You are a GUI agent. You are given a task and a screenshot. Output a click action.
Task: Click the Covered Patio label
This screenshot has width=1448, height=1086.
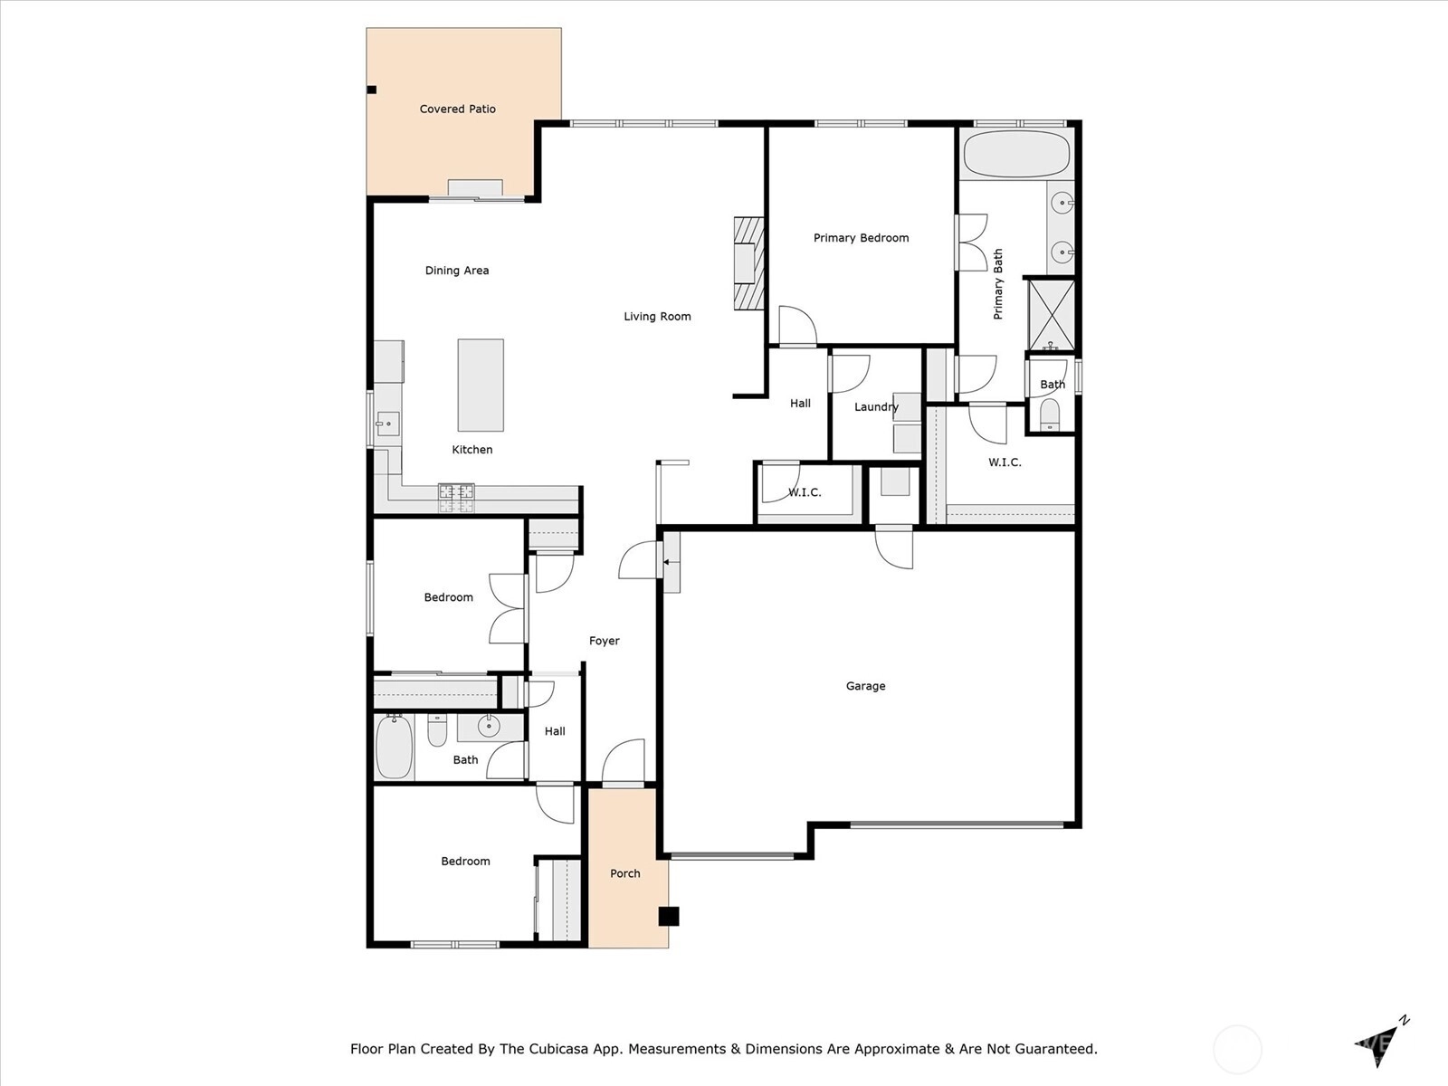tap(457, 109)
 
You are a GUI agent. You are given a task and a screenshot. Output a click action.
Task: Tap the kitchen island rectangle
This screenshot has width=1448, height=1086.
tap(481, 386)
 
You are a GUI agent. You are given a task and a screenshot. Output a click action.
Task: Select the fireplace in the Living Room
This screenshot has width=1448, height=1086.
tap(748, 263)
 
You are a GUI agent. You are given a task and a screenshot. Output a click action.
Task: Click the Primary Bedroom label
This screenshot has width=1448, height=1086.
tap(861, 238)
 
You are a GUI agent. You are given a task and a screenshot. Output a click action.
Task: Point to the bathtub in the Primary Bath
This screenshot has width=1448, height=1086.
tap(1017, 154)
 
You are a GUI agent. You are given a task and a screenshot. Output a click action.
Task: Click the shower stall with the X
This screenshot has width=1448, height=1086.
tap(1052, 315)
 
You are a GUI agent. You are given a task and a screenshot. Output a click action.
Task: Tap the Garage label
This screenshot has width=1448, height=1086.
tap(865, 686)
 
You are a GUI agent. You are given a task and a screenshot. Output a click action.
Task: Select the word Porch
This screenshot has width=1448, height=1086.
tap(624, 873)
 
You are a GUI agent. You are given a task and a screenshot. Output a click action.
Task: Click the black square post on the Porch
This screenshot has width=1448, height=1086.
tap(669, 916)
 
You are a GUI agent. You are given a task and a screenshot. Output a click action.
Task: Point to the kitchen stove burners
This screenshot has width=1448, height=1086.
tap(456, 498)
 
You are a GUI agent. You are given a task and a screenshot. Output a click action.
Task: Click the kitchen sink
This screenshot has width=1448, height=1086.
tap(388, 424)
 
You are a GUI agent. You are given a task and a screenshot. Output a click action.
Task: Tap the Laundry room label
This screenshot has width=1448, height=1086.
tap(876, 407)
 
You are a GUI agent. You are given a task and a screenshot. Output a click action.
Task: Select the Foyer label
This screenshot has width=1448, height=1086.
tap(605, 640)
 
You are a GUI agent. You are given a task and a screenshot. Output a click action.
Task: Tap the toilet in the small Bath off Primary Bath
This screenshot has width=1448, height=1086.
tap(1050, 414)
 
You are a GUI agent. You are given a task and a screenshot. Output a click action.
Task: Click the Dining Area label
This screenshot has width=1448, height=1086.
tap(456, 271)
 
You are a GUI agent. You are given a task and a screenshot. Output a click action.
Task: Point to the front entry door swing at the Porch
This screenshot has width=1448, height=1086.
tap(624, 762)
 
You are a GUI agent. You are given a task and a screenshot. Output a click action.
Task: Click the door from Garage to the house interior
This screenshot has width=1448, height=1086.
tap(894, 547)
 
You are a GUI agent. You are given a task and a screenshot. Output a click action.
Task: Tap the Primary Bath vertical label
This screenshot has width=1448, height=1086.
tap(997, 284)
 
